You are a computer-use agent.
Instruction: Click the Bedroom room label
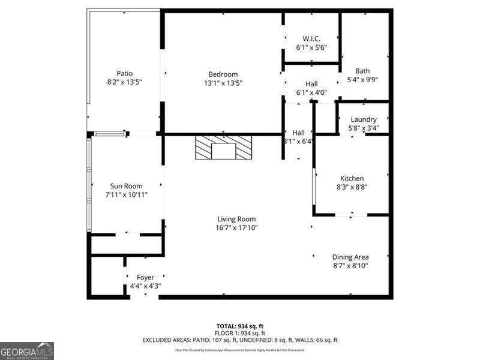[223, 74]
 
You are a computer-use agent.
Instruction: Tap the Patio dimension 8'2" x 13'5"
[125, 82]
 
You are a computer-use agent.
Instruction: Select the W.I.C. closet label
[311, 38]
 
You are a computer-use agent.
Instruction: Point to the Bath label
[362, 71]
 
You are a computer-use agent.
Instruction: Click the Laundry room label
[364, 119]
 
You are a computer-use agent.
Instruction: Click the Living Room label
[236, 219]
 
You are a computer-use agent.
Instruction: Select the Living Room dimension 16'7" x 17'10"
[237, 228]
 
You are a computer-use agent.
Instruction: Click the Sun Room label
[126, 186]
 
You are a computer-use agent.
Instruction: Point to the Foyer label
[145, 277]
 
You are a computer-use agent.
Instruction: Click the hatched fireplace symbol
[224, 148]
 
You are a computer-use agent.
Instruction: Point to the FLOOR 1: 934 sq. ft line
[240, 332]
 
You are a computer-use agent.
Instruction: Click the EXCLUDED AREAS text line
[240, 340]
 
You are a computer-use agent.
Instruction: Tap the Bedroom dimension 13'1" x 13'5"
[223, 83]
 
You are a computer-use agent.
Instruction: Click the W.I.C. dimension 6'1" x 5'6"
[311, 47]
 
